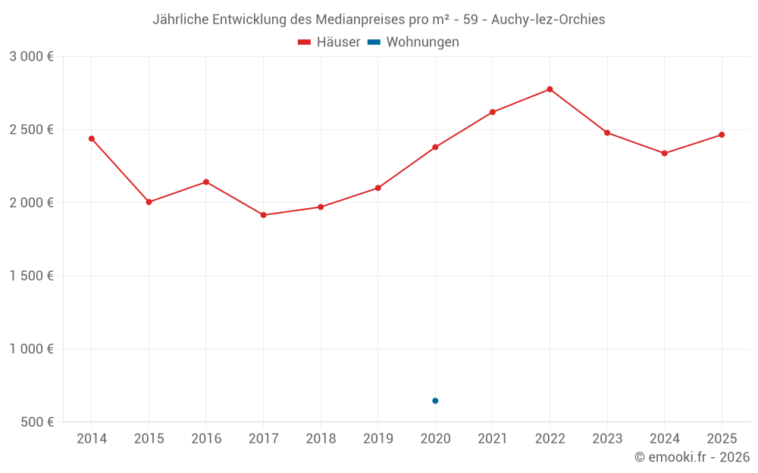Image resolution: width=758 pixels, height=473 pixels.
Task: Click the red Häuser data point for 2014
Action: click(x=92, y=138)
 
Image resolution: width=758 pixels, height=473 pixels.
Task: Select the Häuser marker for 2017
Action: click(x=263, y=215)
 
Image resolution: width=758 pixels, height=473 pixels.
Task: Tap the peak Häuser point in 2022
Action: click(x=550, y=89)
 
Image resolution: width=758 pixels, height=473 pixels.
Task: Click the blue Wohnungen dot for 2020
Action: click(x=435, y=400)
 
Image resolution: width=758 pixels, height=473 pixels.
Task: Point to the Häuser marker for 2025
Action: click(x=722, y=135)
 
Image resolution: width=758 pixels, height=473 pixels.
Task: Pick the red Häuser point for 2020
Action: click(x=435, y=147)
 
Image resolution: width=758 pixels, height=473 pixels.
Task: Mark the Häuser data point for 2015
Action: click(x=149, y=202)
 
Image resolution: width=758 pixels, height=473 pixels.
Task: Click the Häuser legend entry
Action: click(x=329, y=42)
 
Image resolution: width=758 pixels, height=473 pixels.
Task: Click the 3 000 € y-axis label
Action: click(x=31, y=57)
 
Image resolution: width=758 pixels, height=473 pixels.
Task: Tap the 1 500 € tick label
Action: click(x=31, y=276)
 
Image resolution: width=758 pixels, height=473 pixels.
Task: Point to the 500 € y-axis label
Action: click(x=36, y=422)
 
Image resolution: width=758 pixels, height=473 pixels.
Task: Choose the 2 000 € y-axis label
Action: click(x=31, y=203)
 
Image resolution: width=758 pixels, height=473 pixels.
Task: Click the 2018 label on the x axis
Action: click(x=321, y=439)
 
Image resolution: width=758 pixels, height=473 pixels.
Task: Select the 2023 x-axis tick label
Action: click(x=607, y=439)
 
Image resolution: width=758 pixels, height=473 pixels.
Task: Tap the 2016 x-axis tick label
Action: click(x=206, y=439)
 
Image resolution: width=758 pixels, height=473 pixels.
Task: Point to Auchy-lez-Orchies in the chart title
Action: click(x=548, y=20)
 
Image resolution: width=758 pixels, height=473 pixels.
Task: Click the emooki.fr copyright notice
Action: click(x=691, y=457)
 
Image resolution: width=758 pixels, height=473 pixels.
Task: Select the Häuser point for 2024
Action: click(x=664, y=154)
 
